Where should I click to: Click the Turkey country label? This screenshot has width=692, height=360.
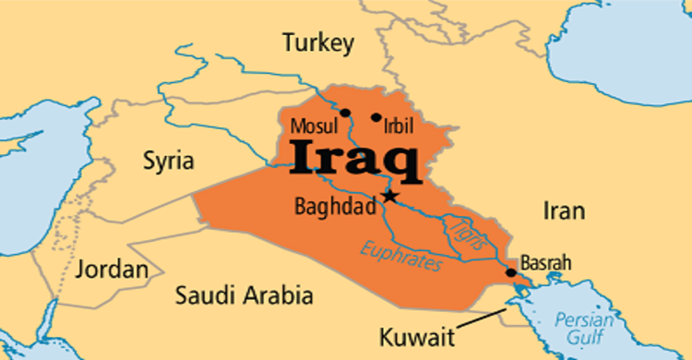pos(318,42)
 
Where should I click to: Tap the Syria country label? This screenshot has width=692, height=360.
pos(168,161)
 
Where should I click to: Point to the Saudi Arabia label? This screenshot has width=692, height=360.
pos(245,296)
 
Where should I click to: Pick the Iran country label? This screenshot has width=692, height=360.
pos(563,210)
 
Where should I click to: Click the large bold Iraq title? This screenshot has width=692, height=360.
pos(355,162)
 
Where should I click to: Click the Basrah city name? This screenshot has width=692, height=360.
pos(546,263)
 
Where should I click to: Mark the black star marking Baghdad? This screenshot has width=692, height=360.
pos(391,196)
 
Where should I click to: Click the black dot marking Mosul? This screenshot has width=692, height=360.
pos(345,114)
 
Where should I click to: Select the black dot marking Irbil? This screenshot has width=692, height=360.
pos(376,117)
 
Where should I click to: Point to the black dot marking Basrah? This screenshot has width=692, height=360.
pos(511,272)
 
